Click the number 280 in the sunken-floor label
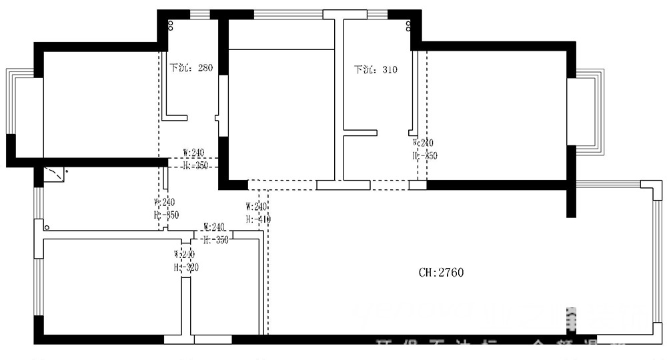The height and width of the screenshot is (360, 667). click(204, 68)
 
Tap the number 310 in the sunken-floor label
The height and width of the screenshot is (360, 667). click(390, 69)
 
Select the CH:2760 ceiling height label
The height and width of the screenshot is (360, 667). click(441, 272)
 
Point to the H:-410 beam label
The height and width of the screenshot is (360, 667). click(257, 219)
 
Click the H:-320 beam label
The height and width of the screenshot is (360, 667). click(186, 267)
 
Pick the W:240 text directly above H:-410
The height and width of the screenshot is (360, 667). click(257, 207)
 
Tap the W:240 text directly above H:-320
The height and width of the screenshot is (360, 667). click(185, 255)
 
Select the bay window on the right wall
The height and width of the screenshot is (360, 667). click(591, 111)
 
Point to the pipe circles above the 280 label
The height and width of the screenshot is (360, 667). click(171, 25)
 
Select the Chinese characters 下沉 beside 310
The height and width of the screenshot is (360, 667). click(364, 69)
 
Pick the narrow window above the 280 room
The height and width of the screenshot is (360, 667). click(199, 14)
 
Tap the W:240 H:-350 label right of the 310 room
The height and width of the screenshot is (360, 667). click(424, 149)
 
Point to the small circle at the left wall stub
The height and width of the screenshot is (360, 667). click(46, 227)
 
